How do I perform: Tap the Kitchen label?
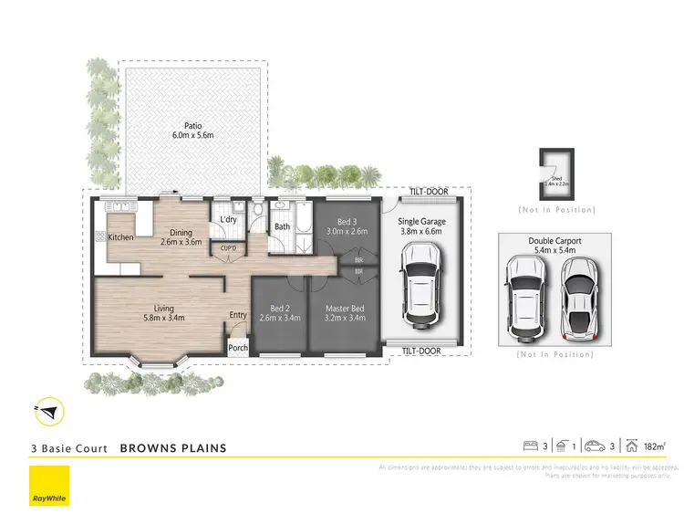(x=121, y=237)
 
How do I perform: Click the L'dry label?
(x=229, y=220)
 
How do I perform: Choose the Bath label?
(x=282, y=226)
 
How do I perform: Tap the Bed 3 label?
(x=346, y=226)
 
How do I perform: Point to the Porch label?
(x=238, y=348)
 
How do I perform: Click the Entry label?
(x=238, y=315)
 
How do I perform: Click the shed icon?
(x=556, y=175)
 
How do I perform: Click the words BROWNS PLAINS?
(x=173, y=448)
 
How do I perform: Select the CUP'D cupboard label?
(x=229, y=247)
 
